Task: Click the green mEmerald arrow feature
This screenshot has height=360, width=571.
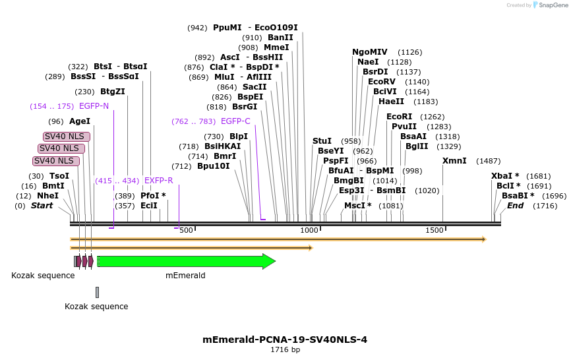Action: pos(185,262)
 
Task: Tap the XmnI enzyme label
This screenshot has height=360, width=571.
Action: pos(454,161)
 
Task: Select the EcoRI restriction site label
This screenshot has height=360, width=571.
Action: pos(399,117)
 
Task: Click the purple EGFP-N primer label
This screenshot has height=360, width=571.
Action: pos(94,106)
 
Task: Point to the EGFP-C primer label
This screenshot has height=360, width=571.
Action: pos(235,121)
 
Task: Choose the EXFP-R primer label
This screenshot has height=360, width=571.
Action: pos(158,181)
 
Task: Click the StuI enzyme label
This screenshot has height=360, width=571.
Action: pos(322,141)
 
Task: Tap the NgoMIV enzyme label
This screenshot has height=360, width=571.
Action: pos(370,52)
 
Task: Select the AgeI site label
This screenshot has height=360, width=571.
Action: pos(80,121)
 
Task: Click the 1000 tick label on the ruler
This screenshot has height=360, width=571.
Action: pos(309,230)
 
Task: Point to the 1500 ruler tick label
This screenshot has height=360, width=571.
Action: pos(435,230)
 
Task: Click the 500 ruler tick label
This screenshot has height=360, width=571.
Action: pos(186,230)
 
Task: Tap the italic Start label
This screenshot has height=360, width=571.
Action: pos(42,206)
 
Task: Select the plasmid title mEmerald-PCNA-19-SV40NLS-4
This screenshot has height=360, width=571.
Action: pos(285,340)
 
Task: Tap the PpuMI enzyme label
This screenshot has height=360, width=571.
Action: pos(227,28)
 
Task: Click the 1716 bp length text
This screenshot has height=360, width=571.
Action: pos(285,350)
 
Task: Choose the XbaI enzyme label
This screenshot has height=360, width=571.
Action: pos(505,176)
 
